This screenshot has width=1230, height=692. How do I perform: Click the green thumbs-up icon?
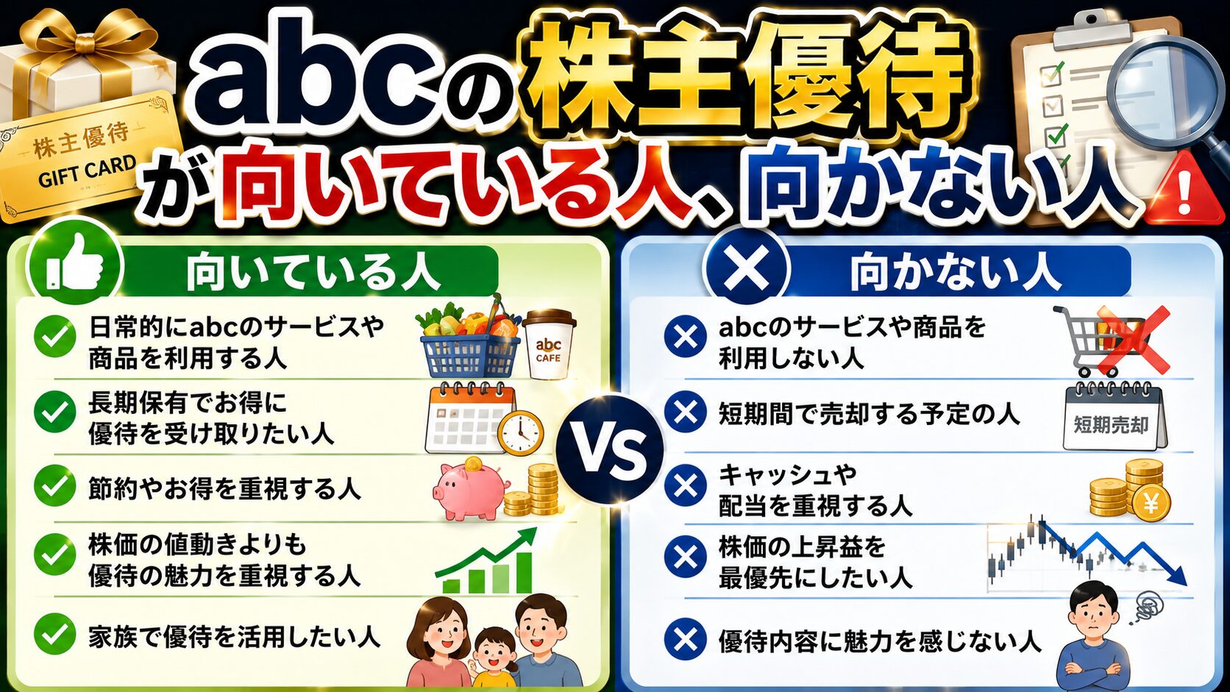tap(75, 263)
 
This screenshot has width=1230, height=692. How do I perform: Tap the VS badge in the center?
tap(609, 449)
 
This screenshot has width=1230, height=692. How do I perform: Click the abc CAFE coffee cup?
tap(549, 344)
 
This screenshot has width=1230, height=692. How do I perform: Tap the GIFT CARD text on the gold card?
tap(87, 171)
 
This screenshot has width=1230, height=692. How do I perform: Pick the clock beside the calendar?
tap(521, 432)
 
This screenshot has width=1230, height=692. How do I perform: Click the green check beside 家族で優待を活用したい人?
tap(55, 635)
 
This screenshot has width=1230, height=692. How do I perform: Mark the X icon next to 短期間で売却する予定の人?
tap(686, 412)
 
